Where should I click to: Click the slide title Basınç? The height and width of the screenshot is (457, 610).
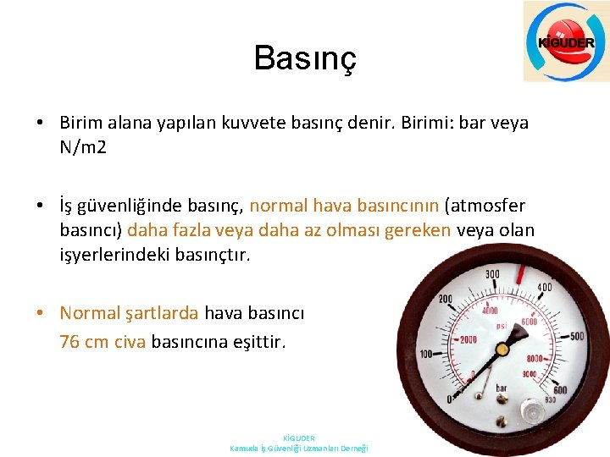coord(305,58)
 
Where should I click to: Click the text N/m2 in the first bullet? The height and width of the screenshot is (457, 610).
coord(82,147)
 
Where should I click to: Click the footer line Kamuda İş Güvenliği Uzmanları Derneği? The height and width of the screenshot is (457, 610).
coord(299,449)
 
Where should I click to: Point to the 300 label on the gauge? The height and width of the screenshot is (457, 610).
coord(493,275)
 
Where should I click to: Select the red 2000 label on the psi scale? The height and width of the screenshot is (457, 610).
coord(468,339)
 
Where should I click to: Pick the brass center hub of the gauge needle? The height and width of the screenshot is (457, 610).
coord(502,348)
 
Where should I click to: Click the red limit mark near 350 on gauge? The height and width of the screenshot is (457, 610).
coord(521,273)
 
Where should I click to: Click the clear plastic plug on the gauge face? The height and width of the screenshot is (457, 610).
coord(532,410)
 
